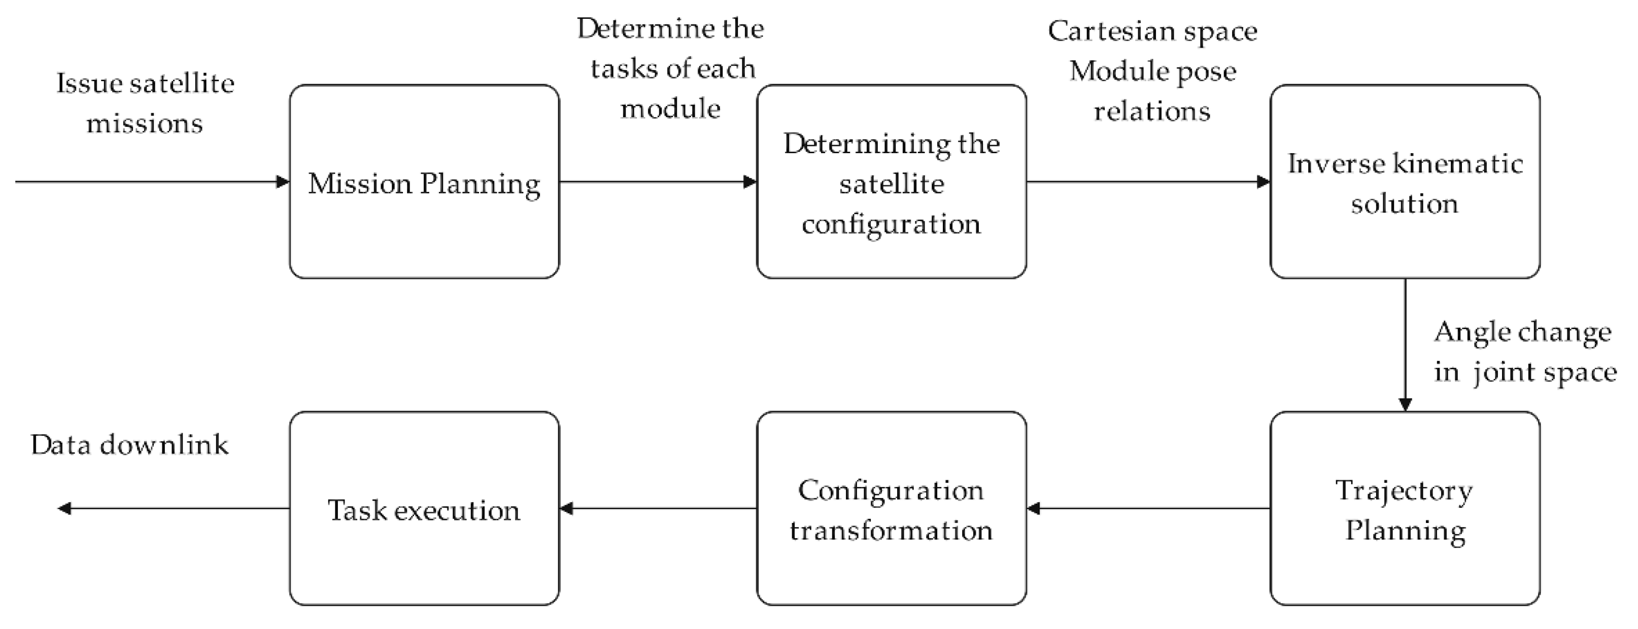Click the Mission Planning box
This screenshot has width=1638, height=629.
point(424,182)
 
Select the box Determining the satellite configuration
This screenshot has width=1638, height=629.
point(891,182)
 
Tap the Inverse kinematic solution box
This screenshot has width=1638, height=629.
point(1405,182)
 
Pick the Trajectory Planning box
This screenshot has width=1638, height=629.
point(1405,508)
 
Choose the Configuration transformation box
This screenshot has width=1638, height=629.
point(891,508)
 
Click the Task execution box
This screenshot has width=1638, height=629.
point(424,508)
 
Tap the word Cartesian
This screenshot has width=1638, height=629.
point(1098,31)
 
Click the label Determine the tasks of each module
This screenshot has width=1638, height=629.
point(671,68)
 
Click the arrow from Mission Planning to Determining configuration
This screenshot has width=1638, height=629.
point(658,182)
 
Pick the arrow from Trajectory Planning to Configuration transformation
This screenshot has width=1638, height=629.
point(1148,508)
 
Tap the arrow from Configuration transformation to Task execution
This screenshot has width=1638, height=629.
point(658,508)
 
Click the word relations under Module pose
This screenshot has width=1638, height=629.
point(1151,111)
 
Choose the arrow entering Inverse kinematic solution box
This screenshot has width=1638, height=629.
point(1148,182)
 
